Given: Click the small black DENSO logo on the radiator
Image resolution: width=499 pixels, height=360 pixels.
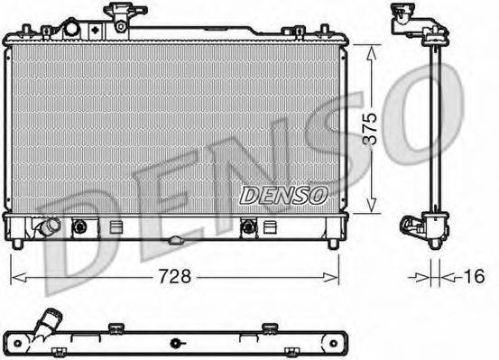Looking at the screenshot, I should (284, 193).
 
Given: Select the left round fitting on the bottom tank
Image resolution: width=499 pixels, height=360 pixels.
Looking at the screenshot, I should (79, 226).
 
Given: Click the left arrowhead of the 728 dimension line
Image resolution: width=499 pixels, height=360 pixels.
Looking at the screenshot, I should (14, 277).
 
